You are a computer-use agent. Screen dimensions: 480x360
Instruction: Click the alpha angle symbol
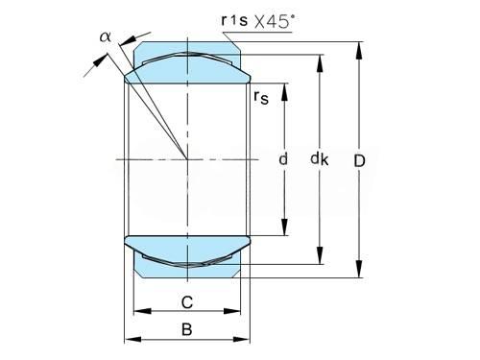coord(106,36)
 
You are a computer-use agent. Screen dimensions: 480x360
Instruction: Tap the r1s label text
coord(234,20)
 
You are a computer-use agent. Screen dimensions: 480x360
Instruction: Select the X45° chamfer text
coord(275,22)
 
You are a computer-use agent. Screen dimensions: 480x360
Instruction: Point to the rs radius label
coord(261,97)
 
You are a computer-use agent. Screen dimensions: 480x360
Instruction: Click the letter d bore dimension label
coord(283,159)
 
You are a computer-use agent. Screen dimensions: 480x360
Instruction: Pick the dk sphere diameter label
coord(320,159)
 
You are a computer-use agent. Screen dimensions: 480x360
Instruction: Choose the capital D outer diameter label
coord(359,160)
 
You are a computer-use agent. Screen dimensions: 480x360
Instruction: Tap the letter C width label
coord(187,302)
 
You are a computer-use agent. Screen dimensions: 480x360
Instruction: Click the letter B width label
coord(187,329)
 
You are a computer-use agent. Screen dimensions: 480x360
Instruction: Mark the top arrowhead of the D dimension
coord(359,50)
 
